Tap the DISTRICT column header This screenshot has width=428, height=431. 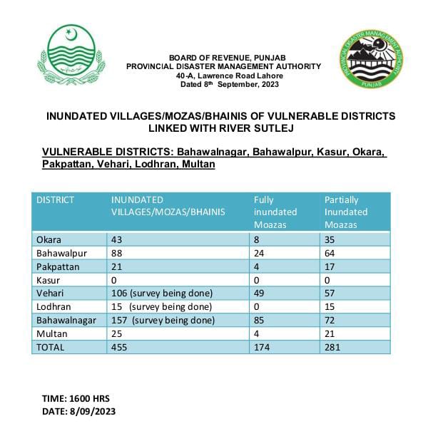click(x=55, y=200)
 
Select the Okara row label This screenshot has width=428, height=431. click(x=49, y=239)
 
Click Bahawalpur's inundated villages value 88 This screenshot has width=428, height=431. click(x=116, y=253)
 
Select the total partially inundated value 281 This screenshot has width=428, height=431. click(x=333, y=348)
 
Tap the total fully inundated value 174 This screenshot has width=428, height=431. click(x=263, y=348)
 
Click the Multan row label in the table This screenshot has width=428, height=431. click(x=51, y=334)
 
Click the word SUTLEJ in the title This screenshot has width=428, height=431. click(x=272, y=128)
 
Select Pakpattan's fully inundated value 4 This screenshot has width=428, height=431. click(x=257, y=266)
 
